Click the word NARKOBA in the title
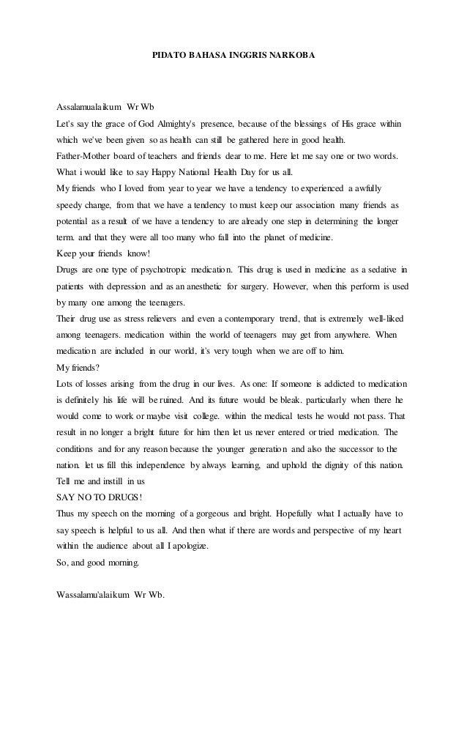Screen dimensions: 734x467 (x=292, y=55)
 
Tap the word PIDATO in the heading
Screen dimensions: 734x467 (x=168, y=55)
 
